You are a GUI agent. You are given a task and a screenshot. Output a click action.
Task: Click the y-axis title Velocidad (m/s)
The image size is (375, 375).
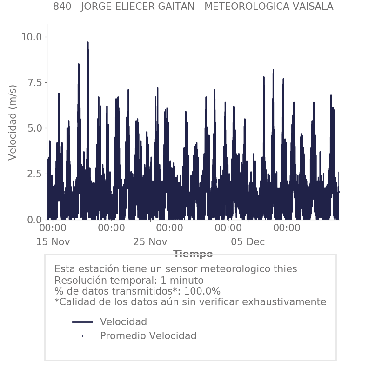(13, 122)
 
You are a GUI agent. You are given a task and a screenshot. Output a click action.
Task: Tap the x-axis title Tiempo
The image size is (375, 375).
(193, 254)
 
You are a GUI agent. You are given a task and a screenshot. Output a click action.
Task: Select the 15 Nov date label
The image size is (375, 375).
(53, 242)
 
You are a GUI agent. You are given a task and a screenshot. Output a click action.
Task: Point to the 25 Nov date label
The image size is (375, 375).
(150, 242)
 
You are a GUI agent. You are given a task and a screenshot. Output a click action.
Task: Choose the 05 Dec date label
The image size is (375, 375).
(248, 242)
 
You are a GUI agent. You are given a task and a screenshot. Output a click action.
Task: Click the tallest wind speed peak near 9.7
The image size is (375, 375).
(87, 43)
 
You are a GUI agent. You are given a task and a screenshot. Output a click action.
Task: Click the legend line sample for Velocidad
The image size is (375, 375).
(82, 322)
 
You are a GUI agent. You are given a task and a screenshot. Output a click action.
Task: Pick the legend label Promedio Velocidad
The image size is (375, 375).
(148, 336)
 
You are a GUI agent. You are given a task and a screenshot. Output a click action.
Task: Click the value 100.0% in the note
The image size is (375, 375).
(202, 291)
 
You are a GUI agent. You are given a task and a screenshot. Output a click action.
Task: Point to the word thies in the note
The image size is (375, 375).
(284, 269)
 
